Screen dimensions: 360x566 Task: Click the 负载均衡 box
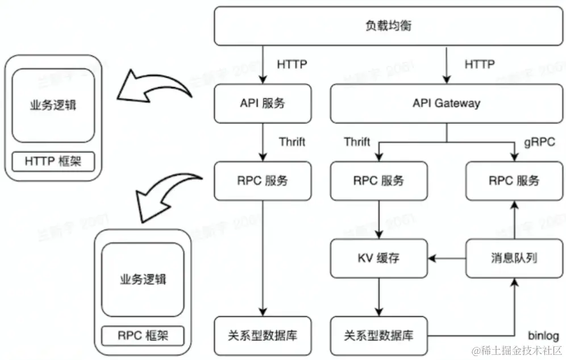pyautogui.click(x=388, y=26)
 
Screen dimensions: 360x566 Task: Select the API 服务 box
pyautogui.click(x=263, y=103)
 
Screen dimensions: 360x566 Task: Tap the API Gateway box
pyautogui.click(x=446, y=103)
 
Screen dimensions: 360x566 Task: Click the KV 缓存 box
pyautogui.click(x=378, y=258)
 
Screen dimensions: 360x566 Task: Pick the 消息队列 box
pyautogui.click(x=513, y=258)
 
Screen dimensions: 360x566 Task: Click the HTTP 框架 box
pyautogui.click(x=53, y=161)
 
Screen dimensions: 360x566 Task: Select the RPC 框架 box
pyautogui.click(x=143, y=336)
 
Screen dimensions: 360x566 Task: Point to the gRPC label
pyautogui.click(x=539, y=142)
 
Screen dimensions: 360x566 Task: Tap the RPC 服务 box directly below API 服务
pyautogui.click(x=263, y=181)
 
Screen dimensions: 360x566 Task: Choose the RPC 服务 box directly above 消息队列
pyautogui.click(x=513, y=181)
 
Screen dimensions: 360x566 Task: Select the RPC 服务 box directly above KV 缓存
pyautogui.click(x=378, y=181)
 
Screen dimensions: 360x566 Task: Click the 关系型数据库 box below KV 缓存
pyautogui.click(x=378, y=335)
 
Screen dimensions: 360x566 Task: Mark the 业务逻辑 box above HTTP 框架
pyautogui.click(x=53, y=106)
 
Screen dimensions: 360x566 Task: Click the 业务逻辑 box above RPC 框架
pyautogui.click(x=143, y=279)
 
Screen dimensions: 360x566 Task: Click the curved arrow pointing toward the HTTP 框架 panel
pyautogui.click(x=159, y=85)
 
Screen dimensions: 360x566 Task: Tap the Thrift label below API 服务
pyautogui.click(x=292, y=141)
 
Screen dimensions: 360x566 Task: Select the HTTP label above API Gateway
pyautogui.click(x=480, y=64)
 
